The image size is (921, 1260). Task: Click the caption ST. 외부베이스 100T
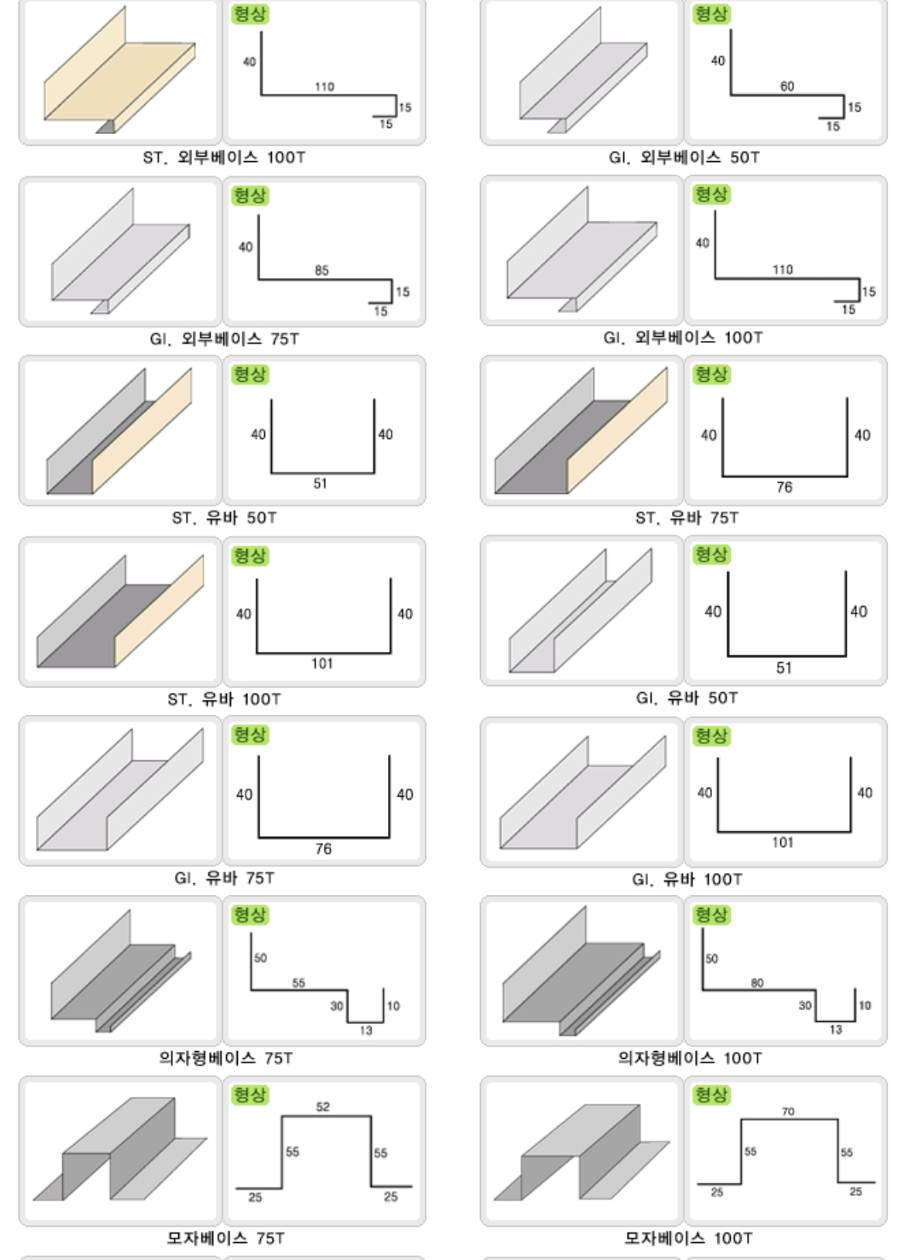coord(224,158)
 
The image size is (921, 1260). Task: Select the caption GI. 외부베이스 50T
coord(684,158)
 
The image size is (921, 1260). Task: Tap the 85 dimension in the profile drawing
coord(321,270)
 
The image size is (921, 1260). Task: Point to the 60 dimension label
coord(786,86)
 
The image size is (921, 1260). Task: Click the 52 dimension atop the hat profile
coord(322,1107)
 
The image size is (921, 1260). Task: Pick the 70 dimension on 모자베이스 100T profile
coord(788,1112)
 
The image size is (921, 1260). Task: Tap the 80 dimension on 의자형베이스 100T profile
coord(756,983)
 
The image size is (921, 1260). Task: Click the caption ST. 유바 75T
coord(686,517)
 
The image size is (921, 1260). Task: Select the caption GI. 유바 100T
coord(686,879)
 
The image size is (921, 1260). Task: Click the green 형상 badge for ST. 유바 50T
coord(250,374)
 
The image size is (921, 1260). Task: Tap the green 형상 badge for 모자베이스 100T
coord(711,1095)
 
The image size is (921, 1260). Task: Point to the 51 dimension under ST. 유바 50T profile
coord(320,483)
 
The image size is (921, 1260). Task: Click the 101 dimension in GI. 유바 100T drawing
coord(783,842)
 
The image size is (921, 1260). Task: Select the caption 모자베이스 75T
coord(225,1238)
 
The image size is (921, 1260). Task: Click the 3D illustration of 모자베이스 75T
coord(120,1148)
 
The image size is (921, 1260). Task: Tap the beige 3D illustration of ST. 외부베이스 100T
coord(120,70)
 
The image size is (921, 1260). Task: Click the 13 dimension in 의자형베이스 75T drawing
coord(366,1030)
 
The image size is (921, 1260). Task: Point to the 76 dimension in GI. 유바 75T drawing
coord(323,849)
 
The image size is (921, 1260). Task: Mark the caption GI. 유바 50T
coord(686,698)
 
